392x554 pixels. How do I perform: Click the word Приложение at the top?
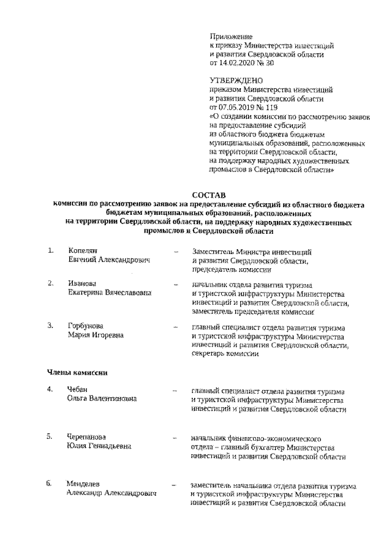[232, 36]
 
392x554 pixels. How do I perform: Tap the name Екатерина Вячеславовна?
[110, 293]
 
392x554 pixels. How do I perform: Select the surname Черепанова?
[87, 437]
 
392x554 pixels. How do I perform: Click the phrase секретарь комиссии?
[225, 354]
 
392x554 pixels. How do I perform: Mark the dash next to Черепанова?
[176, 438]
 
